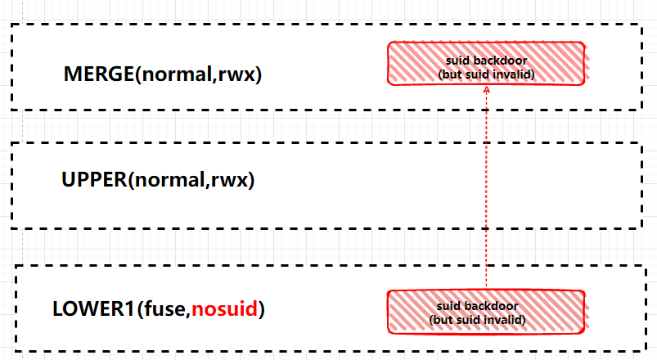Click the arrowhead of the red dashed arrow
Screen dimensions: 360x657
pos(486,92)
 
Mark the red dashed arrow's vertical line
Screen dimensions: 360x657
pos(486,188)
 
